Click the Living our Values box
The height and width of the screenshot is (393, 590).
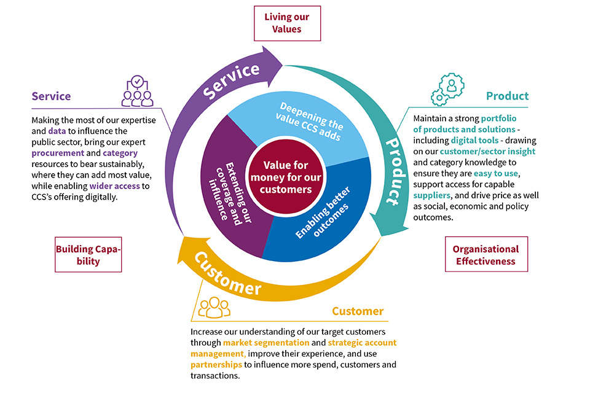[x=287, y=23]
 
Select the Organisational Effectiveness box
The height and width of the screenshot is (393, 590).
[x=486, y=255]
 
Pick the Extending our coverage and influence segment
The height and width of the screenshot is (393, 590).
[x=224, y=184]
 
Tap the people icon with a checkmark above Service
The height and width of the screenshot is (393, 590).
[x=136, y=91]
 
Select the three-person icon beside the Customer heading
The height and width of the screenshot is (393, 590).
[x=213, y=307]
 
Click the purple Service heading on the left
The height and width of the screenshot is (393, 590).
[x=51, y=96]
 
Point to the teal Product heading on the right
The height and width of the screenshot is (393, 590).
[x=507, y=96]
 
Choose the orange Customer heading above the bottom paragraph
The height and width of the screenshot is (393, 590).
[x=358, y=311]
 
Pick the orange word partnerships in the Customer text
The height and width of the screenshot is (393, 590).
[x=216, y=365]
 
